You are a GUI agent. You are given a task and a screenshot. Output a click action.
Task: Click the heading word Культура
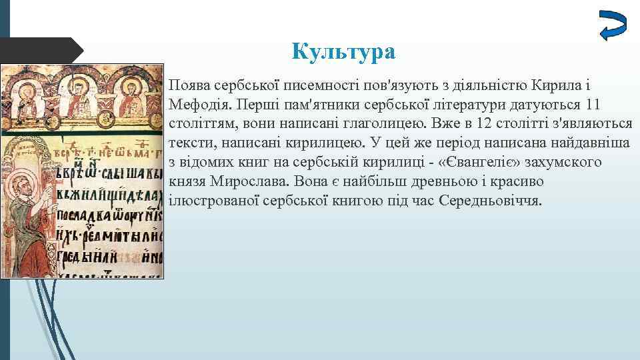click(x=343, y=51)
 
